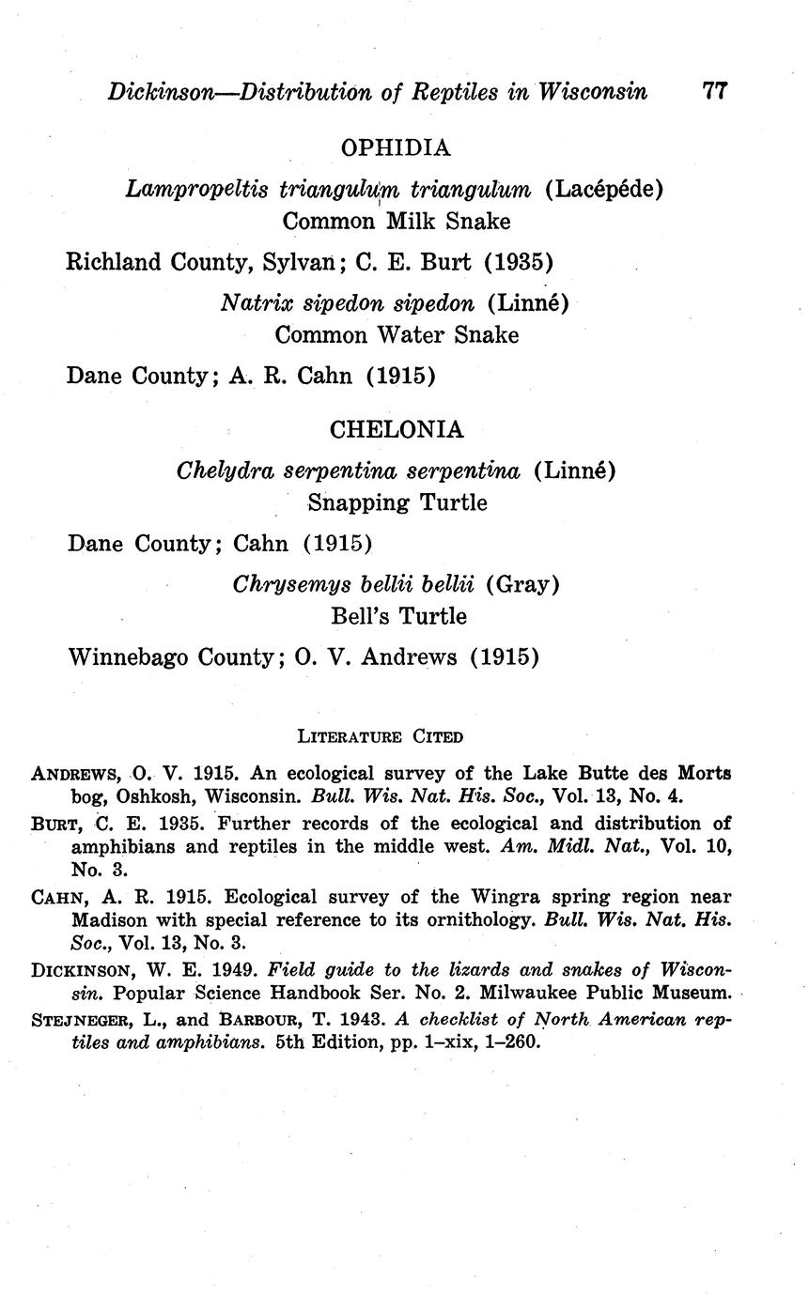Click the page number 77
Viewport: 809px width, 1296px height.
click(x=714, y=91)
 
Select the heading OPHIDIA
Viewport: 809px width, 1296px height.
click(x=396, y=147)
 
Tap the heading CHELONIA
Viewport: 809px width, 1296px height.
click(x=396, y=429)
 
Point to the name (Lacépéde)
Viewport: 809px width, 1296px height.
click(x=604, y=189)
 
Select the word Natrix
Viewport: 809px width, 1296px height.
click(x=251, y=302)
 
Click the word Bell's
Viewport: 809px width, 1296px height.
click(x=361, y=616)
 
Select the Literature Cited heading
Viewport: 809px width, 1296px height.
click(x=380, y=736)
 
